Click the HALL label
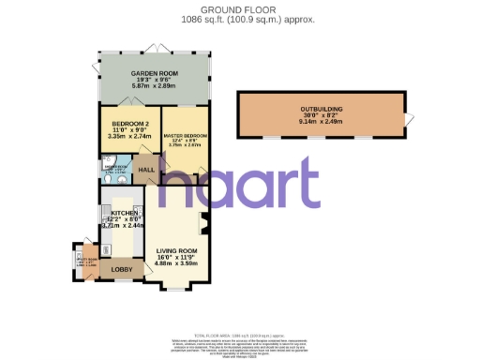[147, 170]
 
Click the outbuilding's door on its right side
[407, 117]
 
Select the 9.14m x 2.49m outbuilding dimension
[322, 122]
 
